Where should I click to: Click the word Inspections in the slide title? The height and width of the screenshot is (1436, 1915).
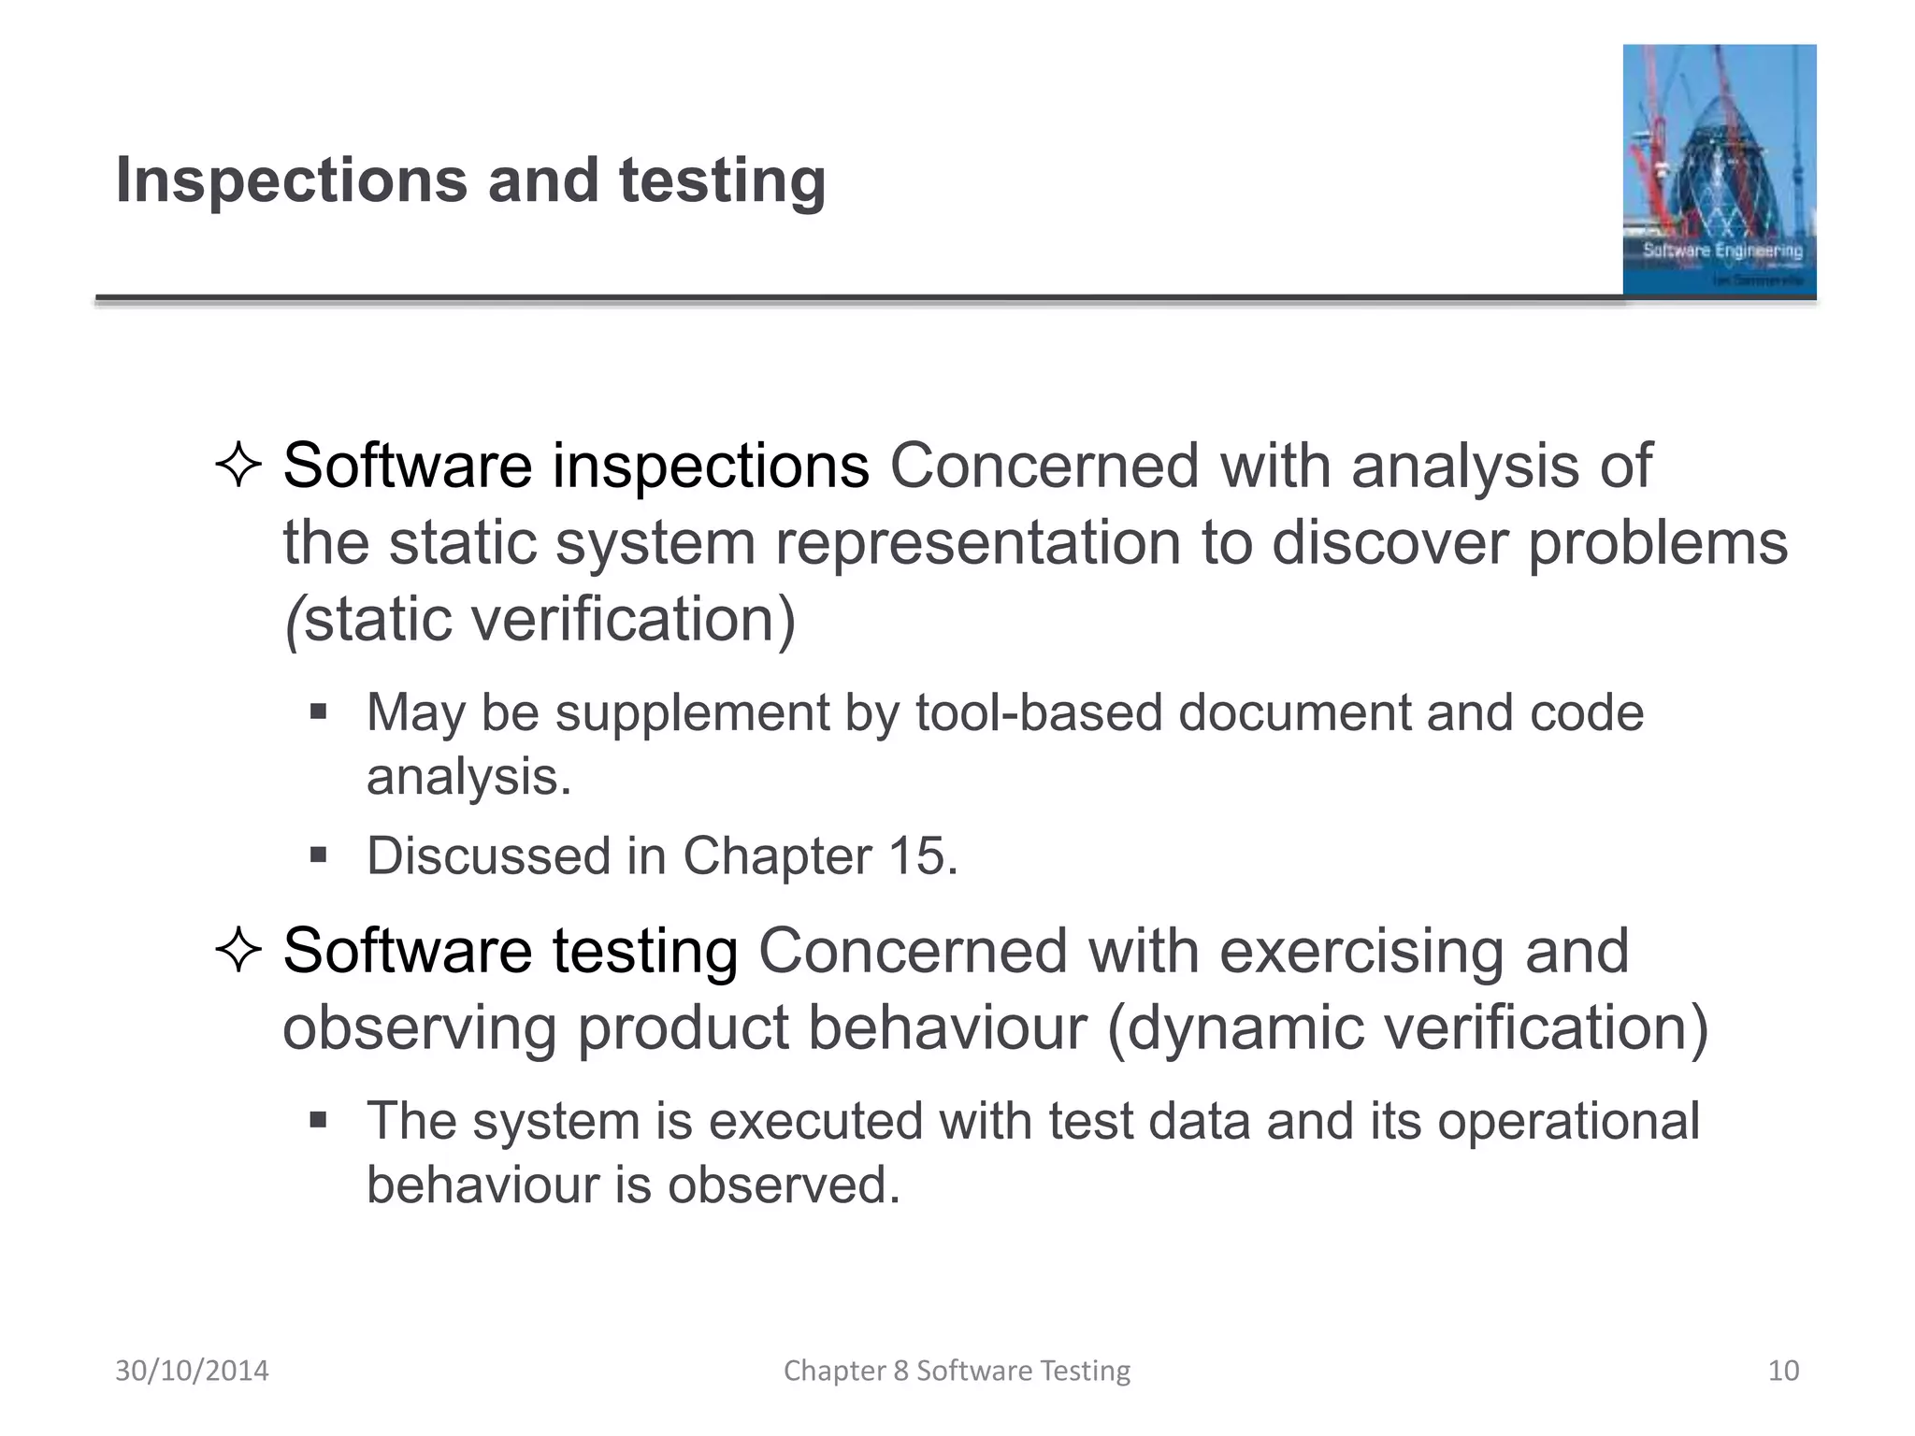pyautogui.click(x=291, y=180)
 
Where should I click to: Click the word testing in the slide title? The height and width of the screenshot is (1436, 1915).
pyautogui.click(x=722, y=180)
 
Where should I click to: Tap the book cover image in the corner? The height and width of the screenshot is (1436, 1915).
pyautogui.click(x=1719, y=170)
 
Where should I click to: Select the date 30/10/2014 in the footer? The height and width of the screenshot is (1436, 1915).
pyautogui.click(x=192, y=1371)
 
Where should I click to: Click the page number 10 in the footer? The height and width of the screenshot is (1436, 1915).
pyautogui.click(x=1783, y=1371)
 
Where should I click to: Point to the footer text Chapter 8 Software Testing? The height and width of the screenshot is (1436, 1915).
pyautogui.click(x=957, y=1371)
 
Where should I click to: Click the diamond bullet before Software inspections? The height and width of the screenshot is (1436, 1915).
pyautogui.click(x=238, y=466)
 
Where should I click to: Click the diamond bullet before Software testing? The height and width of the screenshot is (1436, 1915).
pyautogui.click(x=238, y=951)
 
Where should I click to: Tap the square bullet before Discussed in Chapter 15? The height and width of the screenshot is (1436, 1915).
pyautogui.click(x=319, y=854)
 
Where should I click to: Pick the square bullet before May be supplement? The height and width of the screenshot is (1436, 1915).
pyautogui.click(x=319, y=712)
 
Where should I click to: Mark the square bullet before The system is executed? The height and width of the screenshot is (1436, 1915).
pyautogui.click(x=319, y=1120)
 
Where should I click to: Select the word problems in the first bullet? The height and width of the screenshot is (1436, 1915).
pyautogui.click(x=1657, y=542)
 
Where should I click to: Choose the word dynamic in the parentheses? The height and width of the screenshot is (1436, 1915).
pyautogui.click(x=1245, y=1027)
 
